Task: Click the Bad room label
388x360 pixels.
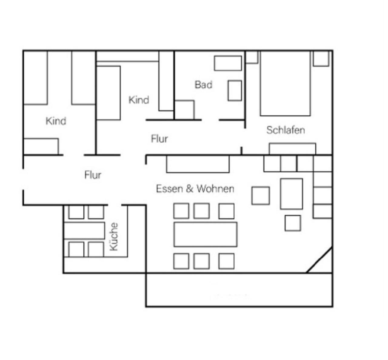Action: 203,85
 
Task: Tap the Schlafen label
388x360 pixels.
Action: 286,130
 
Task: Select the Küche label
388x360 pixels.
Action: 113,236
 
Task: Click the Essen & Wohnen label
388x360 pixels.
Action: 195,189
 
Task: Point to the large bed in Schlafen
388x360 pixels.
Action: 285,84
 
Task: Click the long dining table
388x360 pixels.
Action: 205,234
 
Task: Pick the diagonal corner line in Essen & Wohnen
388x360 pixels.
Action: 319,260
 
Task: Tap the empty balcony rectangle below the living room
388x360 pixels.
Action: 239,290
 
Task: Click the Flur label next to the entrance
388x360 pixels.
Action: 93,175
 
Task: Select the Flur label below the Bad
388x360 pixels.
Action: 159,139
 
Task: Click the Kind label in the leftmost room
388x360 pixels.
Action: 56,121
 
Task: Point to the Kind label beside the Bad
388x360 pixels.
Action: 139,100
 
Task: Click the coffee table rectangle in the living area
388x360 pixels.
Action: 292,194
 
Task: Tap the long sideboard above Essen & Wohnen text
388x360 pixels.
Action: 198,164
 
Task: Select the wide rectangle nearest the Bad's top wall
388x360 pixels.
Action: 228,63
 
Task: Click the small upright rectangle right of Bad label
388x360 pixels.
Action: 235,91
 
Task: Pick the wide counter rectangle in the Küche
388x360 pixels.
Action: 84,231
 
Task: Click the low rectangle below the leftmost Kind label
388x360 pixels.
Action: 41,147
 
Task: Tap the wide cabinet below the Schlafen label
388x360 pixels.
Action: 292,149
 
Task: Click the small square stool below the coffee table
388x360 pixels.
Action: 293,223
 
